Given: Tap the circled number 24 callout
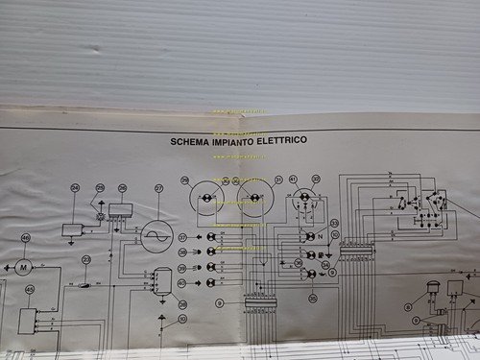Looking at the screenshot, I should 75,188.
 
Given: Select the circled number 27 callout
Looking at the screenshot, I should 159,188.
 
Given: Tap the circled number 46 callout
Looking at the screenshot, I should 25,238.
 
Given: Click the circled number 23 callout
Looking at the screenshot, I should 86,259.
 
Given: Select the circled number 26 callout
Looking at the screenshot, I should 123,188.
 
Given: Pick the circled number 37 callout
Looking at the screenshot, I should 181,236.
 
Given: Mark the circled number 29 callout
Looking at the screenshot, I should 185,180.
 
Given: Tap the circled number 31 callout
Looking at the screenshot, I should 278,180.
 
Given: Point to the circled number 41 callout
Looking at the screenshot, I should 293,180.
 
